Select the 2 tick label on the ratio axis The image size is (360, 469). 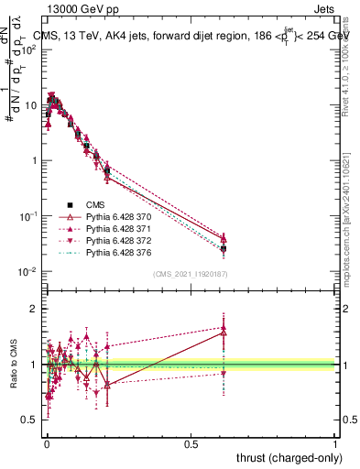35,309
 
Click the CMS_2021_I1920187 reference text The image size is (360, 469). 190,274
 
